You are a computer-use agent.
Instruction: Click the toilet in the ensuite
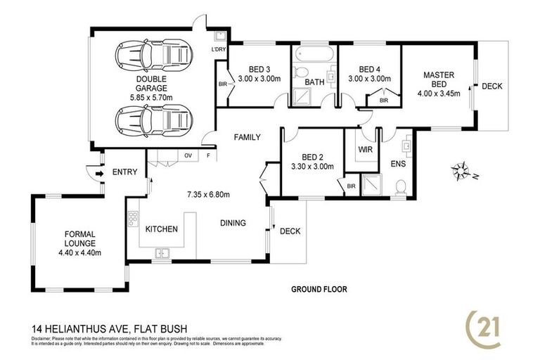[400, 186]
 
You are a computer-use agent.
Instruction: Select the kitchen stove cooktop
[131, 221]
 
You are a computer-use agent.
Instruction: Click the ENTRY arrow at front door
[89, 172]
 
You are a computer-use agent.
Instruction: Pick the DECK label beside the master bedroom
[491, 86]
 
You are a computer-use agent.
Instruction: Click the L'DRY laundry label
[218, 50]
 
